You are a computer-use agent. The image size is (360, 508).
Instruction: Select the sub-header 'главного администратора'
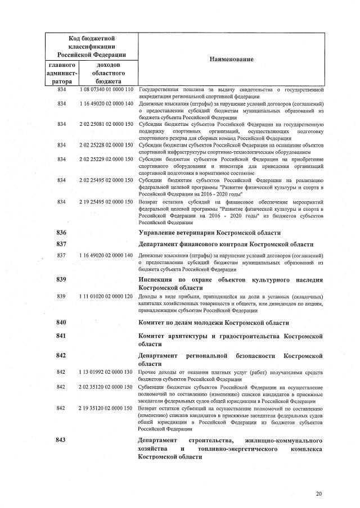(62, 73)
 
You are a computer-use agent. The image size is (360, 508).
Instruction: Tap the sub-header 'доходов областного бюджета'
(106, 73)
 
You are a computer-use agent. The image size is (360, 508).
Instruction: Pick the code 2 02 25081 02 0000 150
(106, 124)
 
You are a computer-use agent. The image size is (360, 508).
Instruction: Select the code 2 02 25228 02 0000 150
(106, 145)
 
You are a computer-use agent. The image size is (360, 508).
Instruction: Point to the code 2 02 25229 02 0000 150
(106, 159)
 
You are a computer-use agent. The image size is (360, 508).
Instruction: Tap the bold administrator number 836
(62, 233)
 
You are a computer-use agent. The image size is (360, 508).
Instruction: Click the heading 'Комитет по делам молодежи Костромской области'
(214, 323)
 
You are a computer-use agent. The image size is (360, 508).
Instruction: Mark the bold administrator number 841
(62, 336)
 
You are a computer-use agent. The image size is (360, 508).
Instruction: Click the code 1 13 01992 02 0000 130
(106, 373)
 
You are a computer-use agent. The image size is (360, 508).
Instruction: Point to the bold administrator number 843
(62, 439)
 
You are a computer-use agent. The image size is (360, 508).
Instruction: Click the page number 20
(319, 494)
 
